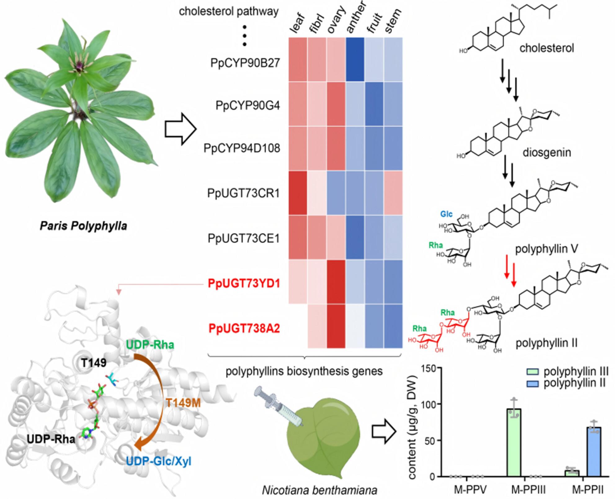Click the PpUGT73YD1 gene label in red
[x=244, y=284]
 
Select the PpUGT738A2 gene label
[x=244, y=329]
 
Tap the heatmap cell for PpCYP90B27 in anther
[x=355, y=60]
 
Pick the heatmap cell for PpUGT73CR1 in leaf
[x=298, y=193]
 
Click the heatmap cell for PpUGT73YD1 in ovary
[x=336, y=282]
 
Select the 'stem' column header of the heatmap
[x=393, y=21]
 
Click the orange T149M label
[x=183, y=403]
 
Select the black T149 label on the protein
[x=94, y=363]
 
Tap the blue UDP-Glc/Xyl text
[x=158, y=461]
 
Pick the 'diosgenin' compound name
[x=546, y=152]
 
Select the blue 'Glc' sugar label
[x=446, y=214]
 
